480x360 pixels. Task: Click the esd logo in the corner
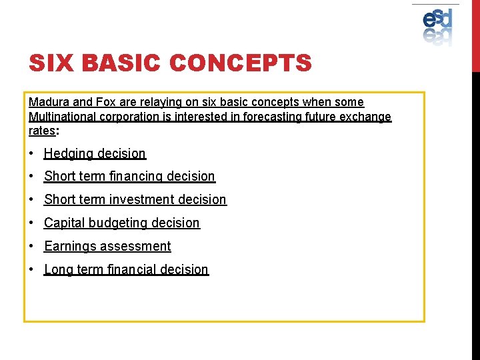pos(437,26)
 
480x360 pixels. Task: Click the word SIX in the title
pos(51,64)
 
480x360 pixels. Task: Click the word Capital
pos(65,223)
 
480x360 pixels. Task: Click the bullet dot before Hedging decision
pos(32,154)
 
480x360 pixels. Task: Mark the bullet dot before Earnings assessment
pos(32,247)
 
